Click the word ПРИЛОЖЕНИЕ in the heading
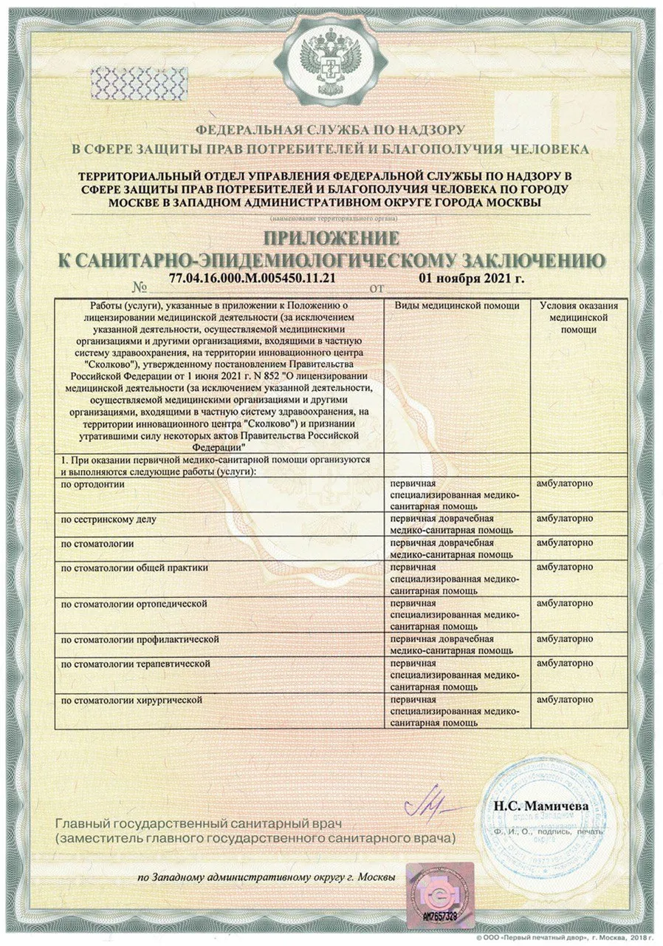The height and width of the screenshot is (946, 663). tap(331, 238)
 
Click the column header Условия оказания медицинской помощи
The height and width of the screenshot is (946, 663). tap(578, 317)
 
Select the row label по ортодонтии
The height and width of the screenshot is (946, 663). tap(92, 483)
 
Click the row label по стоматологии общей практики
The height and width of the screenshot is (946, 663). tap(134, 568)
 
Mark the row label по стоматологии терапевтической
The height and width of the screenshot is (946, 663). tap(135, 664)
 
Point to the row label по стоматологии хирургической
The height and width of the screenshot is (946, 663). tap(131, 699)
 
